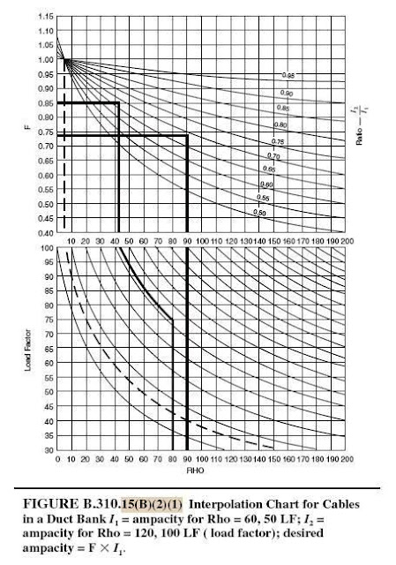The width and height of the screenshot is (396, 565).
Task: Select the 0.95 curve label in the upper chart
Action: tap(287, 77)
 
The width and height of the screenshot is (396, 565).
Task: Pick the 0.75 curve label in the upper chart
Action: tap(277, 141)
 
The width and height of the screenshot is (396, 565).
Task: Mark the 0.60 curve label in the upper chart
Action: tap(266, 184)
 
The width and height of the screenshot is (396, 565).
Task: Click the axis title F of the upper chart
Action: tap(28, 127)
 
